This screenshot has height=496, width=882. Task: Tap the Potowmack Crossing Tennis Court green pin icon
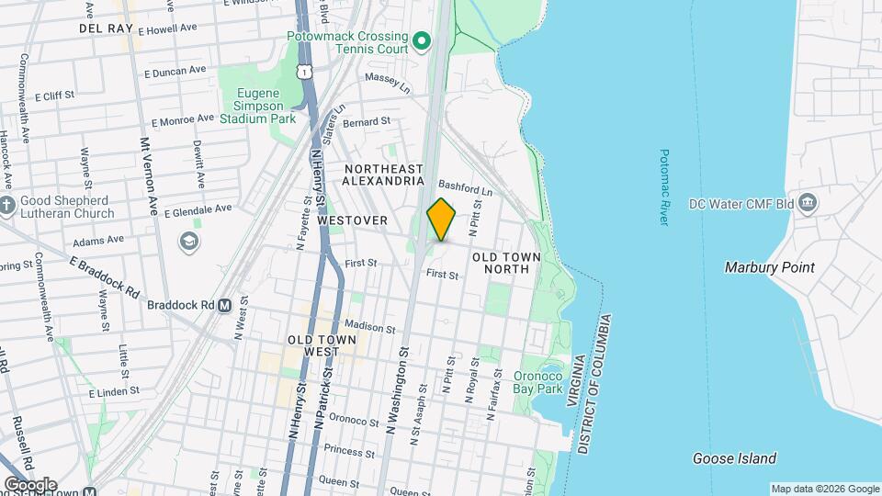click(x=422, y=40)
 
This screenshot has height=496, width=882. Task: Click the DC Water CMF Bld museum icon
click(x=808, y=203)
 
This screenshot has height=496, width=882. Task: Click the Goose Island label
click(x=733, y=458)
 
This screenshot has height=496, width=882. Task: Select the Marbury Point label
click(x=769, y=267)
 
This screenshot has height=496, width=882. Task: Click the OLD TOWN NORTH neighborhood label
click(x=501, y=263)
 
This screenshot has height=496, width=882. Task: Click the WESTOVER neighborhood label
click(x=352, y=220)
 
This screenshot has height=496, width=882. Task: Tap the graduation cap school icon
click(x=189, y=242)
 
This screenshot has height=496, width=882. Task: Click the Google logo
click(x=29, y=484)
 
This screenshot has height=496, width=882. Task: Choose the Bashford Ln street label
click(x=465, y=187)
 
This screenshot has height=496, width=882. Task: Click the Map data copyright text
click(x=824, y=489)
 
